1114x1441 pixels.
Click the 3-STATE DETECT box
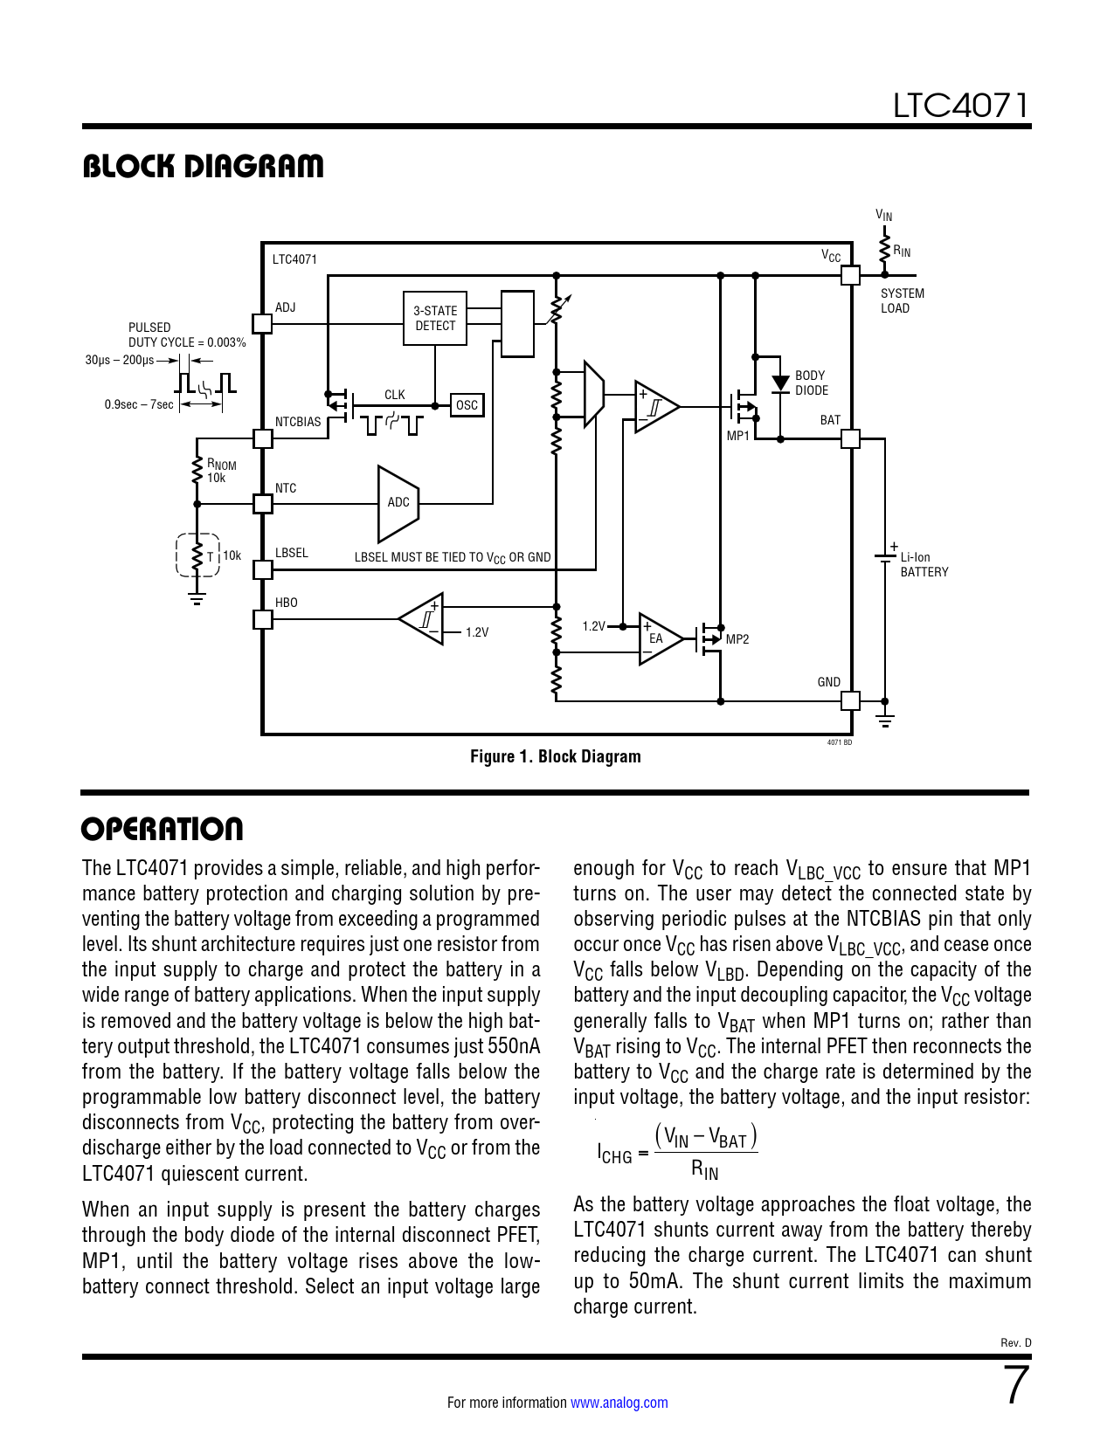435,318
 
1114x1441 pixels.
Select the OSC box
467,405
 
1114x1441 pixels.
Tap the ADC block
397,503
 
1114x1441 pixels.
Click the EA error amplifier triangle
658,638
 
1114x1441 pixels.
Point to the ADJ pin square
262,323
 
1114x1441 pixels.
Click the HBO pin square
262,619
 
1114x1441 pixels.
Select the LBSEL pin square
262,569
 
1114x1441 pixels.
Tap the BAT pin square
850,438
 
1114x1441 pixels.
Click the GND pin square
850,700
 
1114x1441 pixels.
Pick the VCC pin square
850,275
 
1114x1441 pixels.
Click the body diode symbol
780,383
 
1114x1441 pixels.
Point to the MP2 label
737,639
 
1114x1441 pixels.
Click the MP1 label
738,436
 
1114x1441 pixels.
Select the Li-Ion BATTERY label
924,564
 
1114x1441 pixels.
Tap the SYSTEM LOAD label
902,300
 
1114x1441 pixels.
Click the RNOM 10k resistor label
220,471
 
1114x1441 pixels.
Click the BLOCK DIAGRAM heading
203,166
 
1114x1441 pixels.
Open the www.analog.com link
619,1403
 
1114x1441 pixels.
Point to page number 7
1017,1386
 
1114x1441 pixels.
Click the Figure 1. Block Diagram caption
556,756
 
